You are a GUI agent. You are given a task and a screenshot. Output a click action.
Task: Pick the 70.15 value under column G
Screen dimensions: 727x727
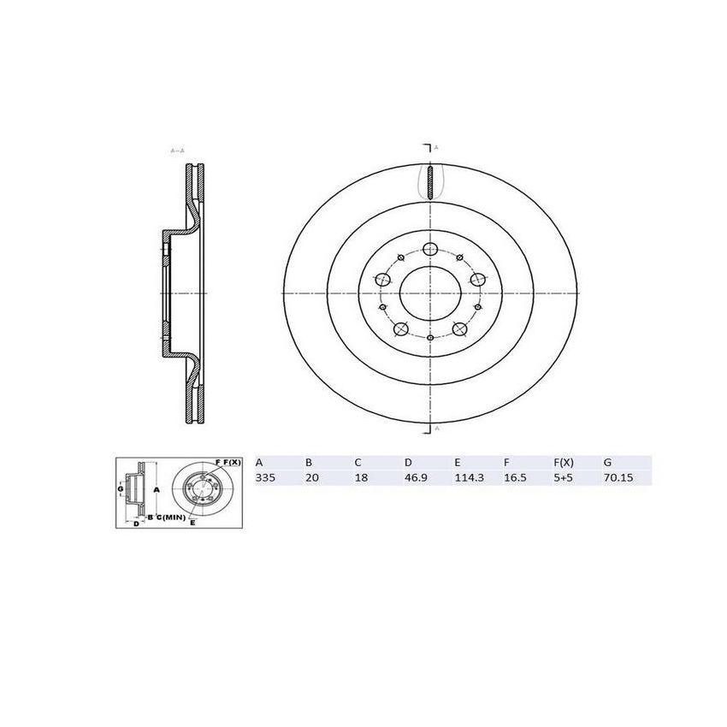[616, 478]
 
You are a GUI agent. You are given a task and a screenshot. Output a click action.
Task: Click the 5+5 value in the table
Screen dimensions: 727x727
[563, 478]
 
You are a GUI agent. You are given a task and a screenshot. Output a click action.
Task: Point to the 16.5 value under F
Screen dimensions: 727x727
[513, 478]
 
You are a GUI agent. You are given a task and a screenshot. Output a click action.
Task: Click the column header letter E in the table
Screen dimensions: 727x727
[457, 463]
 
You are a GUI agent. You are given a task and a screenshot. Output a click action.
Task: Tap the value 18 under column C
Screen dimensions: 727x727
[360, 478]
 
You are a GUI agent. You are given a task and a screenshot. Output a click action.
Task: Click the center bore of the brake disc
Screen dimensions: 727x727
[430, 292]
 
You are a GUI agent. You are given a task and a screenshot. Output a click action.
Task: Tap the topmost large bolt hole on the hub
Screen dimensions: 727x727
[430, 249]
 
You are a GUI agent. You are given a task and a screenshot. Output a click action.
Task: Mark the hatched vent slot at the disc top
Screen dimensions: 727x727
[430, 182]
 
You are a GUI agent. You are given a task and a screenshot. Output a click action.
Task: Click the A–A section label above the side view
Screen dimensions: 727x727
[178, 151]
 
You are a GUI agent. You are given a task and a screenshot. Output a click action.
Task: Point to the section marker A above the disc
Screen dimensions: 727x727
[436, 148]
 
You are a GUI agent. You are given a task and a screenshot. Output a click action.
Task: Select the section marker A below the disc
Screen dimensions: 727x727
[436, 427]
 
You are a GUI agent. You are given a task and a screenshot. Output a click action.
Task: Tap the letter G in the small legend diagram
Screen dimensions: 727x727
[121, 488]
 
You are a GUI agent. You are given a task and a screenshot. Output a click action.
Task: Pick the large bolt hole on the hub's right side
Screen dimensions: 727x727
[478, 279]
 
